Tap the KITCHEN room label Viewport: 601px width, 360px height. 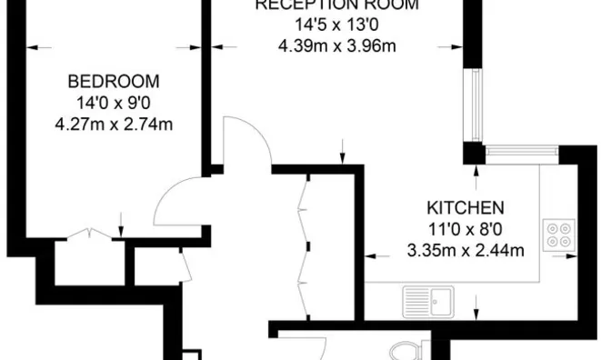tap(465, 206)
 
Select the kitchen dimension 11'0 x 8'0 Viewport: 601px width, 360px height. tap(465, 229)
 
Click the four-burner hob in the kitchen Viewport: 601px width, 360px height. tap(558, 235)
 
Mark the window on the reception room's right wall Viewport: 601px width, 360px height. tap(473, 104)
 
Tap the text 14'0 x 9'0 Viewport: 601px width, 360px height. tap(114, 102)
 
